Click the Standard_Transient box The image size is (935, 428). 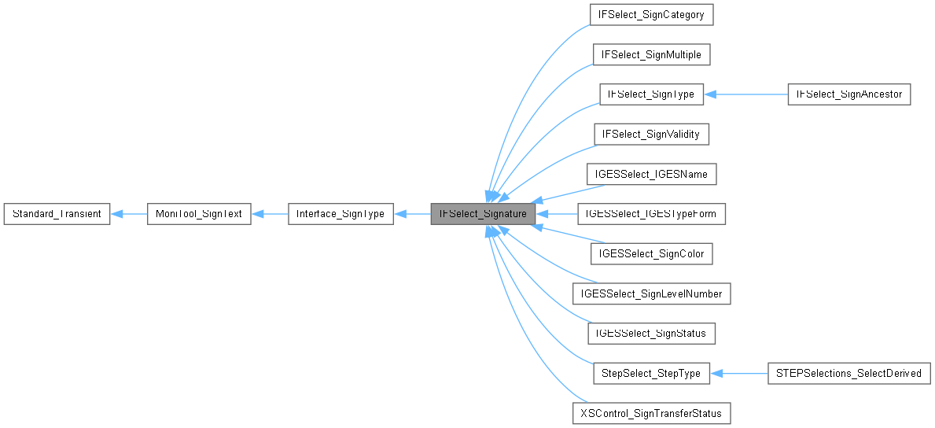coord(57,213)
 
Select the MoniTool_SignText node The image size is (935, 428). coord(199,213)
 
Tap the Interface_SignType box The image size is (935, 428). coord(341,213)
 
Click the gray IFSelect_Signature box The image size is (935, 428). coord(483,213)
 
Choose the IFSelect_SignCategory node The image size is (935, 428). coord(651,14)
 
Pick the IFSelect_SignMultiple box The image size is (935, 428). coord(651,54)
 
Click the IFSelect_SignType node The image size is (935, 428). coord(651,94)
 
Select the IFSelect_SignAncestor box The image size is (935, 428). coord(849,94)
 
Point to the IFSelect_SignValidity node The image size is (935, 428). coord(651,135)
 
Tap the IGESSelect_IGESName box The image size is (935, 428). coord(651,174)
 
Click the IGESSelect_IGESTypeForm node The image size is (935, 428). coord(651,213)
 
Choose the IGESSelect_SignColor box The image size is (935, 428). coord(651,253)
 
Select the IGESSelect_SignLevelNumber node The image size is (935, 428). coord(651,293)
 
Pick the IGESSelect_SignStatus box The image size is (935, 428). coord(651,334)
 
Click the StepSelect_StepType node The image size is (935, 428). coord(651,373)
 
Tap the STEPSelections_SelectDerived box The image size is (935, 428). coord(849,373)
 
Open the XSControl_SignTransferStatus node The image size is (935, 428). coord(651,413)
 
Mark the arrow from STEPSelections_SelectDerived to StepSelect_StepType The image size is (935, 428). coord(739,373)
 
